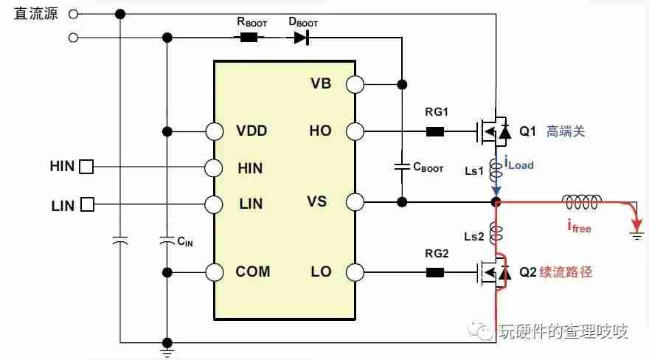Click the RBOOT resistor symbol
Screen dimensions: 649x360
pos(249,38)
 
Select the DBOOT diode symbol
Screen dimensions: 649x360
pos(302,38)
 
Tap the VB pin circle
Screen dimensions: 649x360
pos(355,84)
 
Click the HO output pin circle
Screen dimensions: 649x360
pos(355,131)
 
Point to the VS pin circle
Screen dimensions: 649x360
pos(355,202)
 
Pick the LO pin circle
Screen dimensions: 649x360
pos(355,273)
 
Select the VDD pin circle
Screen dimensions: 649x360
pos(215,131)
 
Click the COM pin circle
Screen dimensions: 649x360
pos(215,273)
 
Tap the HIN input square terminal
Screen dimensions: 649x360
pos(86,167)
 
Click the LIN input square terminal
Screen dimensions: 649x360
pos(87,204)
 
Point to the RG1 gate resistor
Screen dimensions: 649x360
pos(435,131)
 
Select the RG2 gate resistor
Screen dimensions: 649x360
pos(435,273)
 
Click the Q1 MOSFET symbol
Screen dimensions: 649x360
pos(493,131)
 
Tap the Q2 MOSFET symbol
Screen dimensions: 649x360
pos(493,273)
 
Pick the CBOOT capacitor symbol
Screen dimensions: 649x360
pos(401,167)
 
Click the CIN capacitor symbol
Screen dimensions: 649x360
pos(167,240)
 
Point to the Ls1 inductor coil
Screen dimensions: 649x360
pos(496,170)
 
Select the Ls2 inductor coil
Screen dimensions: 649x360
pos(496,234)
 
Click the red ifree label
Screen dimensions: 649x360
pos(579,226)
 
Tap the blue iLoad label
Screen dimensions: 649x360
pos(519,163)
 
